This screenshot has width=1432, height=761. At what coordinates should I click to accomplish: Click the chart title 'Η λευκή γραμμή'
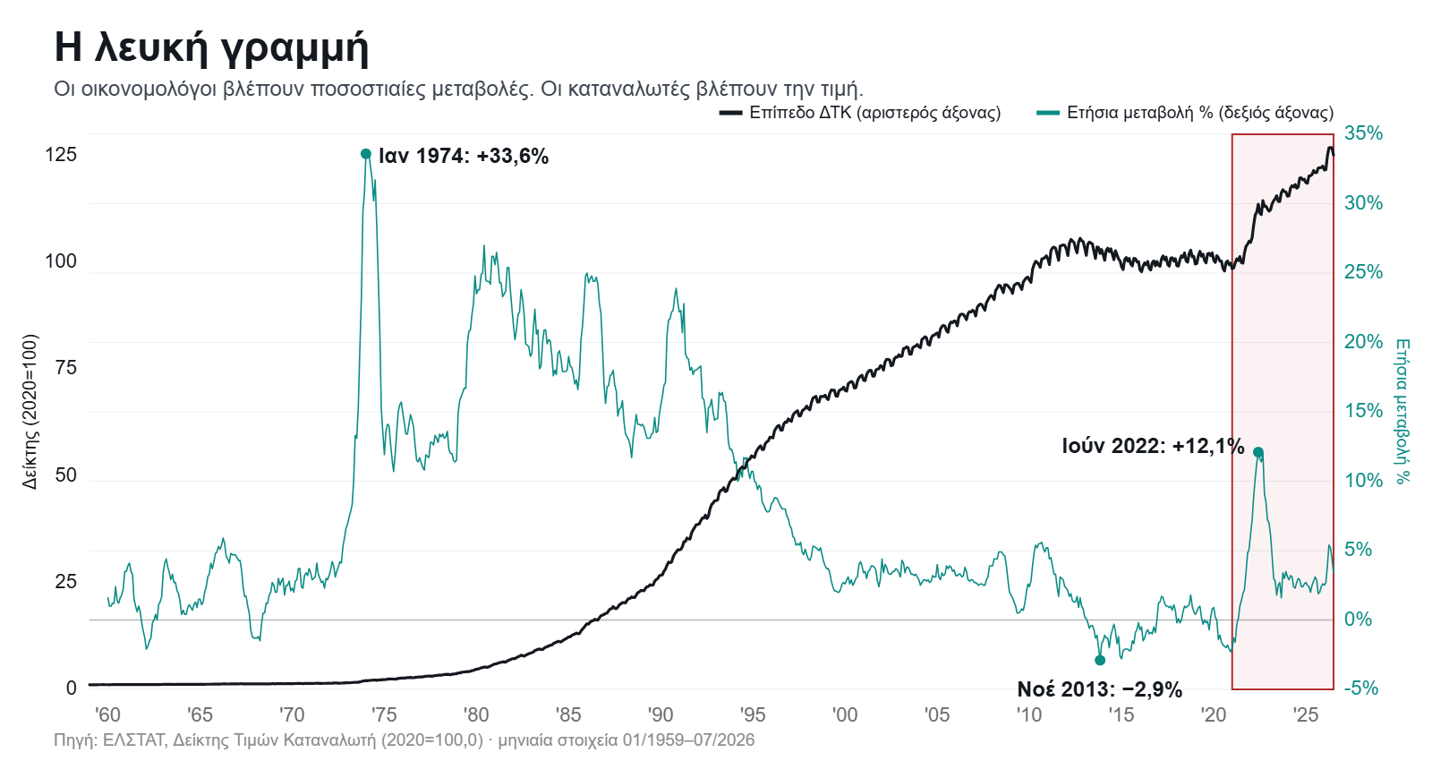211,48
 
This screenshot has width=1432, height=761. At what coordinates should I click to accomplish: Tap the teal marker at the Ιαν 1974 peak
366,153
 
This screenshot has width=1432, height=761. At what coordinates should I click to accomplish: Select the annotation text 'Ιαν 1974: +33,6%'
464,156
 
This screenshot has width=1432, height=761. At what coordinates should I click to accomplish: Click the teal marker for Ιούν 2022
1258,453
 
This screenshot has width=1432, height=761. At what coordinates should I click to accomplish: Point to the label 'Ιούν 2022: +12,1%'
1154,446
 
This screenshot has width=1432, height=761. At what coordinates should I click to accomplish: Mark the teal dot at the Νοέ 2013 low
1100,660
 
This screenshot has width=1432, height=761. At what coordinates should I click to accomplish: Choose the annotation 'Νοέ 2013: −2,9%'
1100,689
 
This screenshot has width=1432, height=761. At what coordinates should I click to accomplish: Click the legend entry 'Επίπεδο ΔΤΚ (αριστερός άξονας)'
860,113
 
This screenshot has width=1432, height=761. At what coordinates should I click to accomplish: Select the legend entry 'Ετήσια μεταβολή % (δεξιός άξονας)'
1185,113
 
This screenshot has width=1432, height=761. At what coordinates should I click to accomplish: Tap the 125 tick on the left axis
61,155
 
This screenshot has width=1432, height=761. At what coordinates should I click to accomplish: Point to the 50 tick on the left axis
66,475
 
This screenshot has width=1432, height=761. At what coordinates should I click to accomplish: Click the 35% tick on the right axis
1363,133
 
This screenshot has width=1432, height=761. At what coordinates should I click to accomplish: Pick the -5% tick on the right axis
1361,688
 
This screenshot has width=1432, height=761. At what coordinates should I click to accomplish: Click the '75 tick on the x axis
384,714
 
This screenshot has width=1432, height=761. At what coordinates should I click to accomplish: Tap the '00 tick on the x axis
845,714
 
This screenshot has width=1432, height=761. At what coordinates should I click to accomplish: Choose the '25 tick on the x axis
1306,714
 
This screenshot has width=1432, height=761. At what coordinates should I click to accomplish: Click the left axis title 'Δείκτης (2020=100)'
30,412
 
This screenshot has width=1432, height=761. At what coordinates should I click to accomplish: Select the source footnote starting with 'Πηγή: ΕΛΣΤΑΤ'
404,740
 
